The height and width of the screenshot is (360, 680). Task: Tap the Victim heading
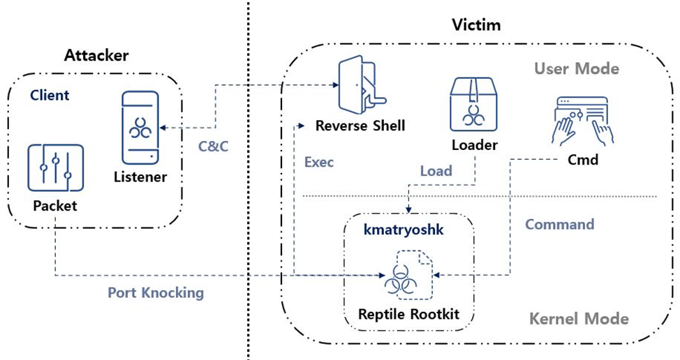tap(478, 26)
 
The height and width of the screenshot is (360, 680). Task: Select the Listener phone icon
tap(140, 126)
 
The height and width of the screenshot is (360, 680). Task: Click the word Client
tap(50, 95)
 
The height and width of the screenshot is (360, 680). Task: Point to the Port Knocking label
tap(156, 292)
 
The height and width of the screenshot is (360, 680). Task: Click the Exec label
tap(319, 163)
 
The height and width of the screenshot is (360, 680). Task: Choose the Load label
tap(436, 171)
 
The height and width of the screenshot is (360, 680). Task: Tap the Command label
tap(559, 225)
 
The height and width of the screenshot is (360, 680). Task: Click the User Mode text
tap(577, 68)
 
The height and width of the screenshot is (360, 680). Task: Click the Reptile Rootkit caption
tap(408, 315)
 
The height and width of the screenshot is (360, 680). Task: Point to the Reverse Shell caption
tap(360, 126)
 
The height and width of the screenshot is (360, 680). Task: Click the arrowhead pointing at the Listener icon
tap(162, 127)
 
